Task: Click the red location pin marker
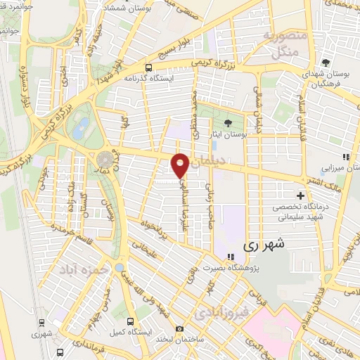[x=180, y=165]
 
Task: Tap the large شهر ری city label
[x=262, y=247]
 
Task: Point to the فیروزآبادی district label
[x=221, y=311]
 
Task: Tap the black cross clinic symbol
[x=301, y=195]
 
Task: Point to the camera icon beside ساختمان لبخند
[x=179, y=328]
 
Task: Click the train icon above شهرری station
[x=44, y=323]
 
